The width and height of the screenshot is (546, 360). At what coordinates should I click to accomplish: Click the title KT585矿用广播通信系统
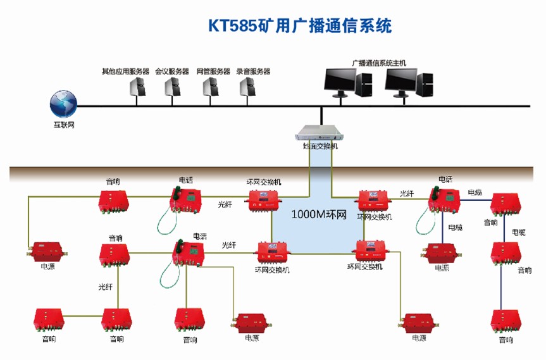(x=300, y=26)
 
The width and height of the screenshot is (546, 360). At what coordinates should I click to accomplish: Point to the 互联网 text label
(x=64, y=125)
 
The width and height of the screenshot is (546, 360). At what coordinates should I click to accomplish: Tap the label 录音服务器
(x=253, y=71)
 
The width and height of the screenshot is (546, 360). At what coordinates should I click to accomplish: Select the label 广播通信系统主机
(x=379, y=63)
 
